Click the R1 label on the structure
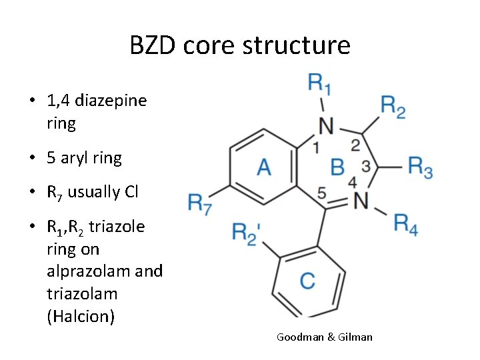320,84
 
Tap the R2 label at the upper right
393,105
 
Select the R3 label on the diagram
420,167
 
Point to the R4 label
405,223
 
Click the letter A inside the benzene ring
264,167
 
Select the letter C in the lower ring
307,281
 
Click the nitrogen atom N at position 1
325,125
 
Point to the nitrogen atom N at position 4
361,199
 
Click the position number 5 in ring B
322,193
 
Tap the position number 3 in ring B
365,164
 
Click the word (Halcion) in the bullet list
81,316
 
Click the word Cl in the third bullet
131,193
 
